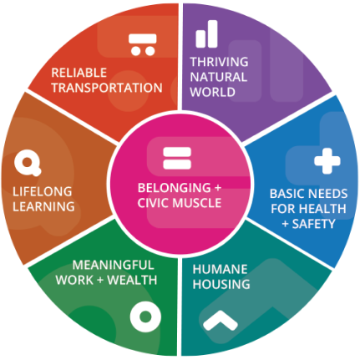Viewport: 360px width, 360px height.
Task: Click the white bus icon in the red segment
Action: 143,44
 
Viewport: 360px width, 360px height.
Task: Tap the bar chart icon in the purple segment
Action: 206,33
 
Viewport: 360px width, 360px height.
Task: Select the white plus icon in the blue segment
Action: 327,161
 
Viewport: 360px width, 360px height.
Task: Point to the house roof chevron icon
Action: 221,319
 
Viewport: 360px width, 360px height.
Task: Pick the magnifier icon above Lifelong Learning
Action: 28,163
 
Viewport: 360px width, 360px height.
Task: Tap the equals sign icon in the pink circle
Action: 177,158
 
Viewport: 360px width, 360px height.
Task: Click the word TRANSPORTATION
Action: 107,88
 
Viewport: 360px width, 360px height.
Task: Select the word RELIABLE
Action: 79,73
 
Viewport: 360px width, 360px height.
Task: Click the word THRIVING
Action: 219,62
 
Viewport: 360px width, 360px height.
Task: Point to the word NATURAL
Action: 219,77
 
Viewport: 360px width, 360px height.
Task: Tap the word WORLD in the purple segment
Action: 213,92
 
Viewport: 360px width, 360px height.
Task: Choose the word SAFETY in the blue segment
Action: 314,224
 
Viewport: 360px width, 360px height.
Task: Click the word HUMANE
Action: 220,269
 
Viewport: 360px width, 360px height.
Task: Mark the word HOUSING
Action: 221,284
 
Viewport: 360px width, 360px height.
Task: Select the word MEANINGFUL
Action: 113,265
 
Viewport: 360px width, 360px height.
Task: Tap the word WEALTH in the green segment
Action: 132,280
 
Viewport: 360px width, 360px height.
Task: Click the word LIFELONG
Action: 43,191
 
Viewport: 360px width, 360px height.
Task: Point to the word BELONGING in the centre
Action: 175,188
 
